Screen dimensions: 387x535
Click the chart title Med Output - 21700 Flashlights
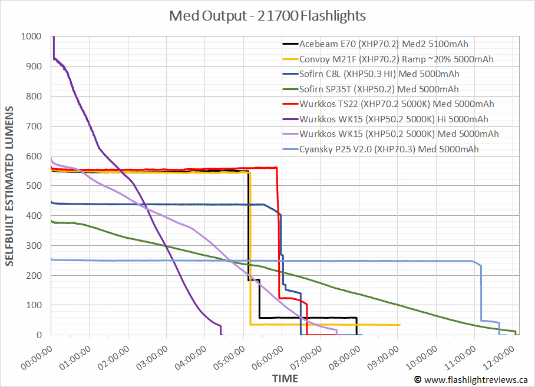tap(267, 16)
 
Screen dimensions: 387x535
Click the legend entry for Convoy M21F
tap(396, 59)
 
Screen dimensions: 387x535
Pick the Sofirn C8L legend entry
tap(379, 74)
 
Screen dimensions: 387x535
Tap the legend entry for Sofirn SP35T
tap(379, 89)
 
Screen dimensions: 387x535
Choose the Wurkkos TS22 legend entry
tap(396, 104)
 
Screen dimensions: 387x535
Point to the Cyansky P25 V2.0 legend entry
tap(389, 149)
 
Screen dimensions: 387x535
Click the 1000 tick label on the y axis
tap(30, 36)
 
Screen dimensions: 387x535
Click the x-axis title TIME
tap(285, 378)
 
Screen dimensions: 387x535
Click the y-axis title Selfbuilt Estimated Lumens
tap(10, 186)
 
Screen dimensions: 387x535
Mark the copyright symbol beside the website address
tap(418, 380)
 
